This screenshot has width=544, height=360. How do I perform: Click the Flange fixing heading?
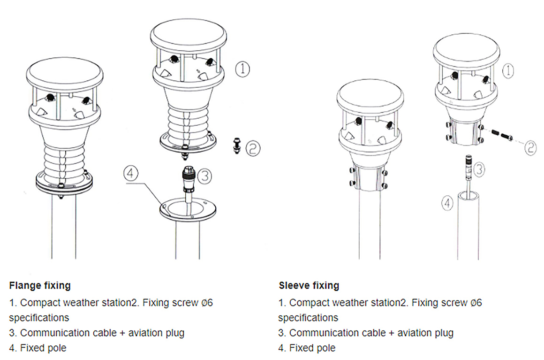(40, 285)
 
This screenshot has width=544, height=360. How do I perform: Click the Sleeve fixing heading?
(309, 285)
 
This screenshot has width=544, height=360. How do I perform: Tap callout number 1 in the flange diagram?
(242, 69)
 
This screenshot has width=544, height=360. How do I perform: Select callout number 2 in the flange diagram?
(253, 149)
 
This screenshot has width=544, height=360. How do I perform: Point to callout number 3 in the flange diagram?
(204, 176)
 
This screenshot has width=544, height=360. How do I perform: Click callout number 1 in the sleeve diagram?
(508, 71)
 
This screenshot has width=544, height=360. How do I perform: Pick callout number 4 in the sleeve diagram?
(448, 203)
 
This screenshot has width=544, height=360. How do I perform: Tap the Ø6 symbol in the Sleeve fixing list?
(476, 303)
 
